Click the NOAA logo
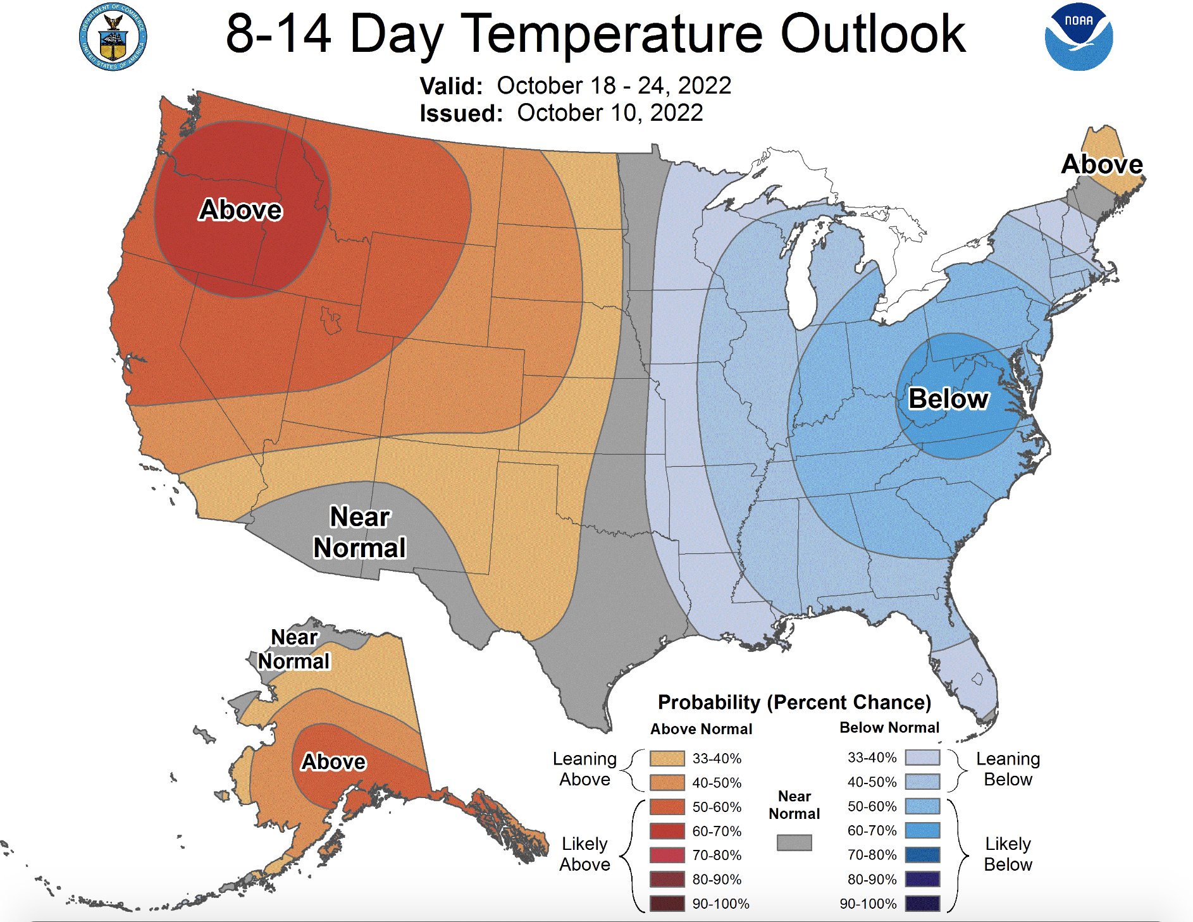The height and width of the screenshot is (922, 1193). (1079, 36)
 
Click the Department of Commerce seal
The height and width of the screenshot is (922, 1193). (113, 37)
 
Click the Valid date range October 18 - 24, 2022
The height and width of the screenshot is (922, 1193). (614, 85)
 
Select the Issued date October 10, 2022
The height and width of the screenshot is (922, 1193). (610, 113)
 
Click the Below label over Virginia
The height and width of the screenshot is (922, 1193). (948, 399)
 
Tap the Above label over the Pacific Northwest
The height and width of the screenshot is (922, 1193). (240, 210)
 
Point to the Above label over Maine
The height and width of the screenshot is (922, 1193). (1101, 164)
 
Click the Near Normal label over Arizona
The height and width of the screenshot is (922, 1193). (359, 532)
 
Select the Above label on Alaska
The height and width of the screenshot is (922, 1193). (333, 762)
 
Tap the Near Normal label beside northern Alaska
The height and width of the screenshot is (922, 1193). (294, 649)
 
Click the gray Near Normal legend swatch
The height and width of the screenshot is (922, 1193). (794, 842)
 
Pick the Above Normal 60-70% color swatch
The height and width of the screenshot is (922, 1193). (667, 831)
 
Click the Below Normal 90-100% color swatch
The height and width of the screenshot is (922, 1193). (922, 904)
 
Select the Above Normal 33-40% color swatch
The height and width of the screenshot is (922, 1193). (667, 758)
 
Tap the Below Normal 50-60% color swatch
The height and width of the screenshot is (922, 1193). (922, 806)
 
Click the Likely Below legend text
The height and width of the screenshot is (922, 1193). (1008, 854)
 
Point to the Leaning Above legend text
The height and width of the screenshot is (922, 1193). (584, 769)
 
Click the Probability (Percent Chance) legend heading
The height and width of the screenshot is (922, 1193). (794, 703)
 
